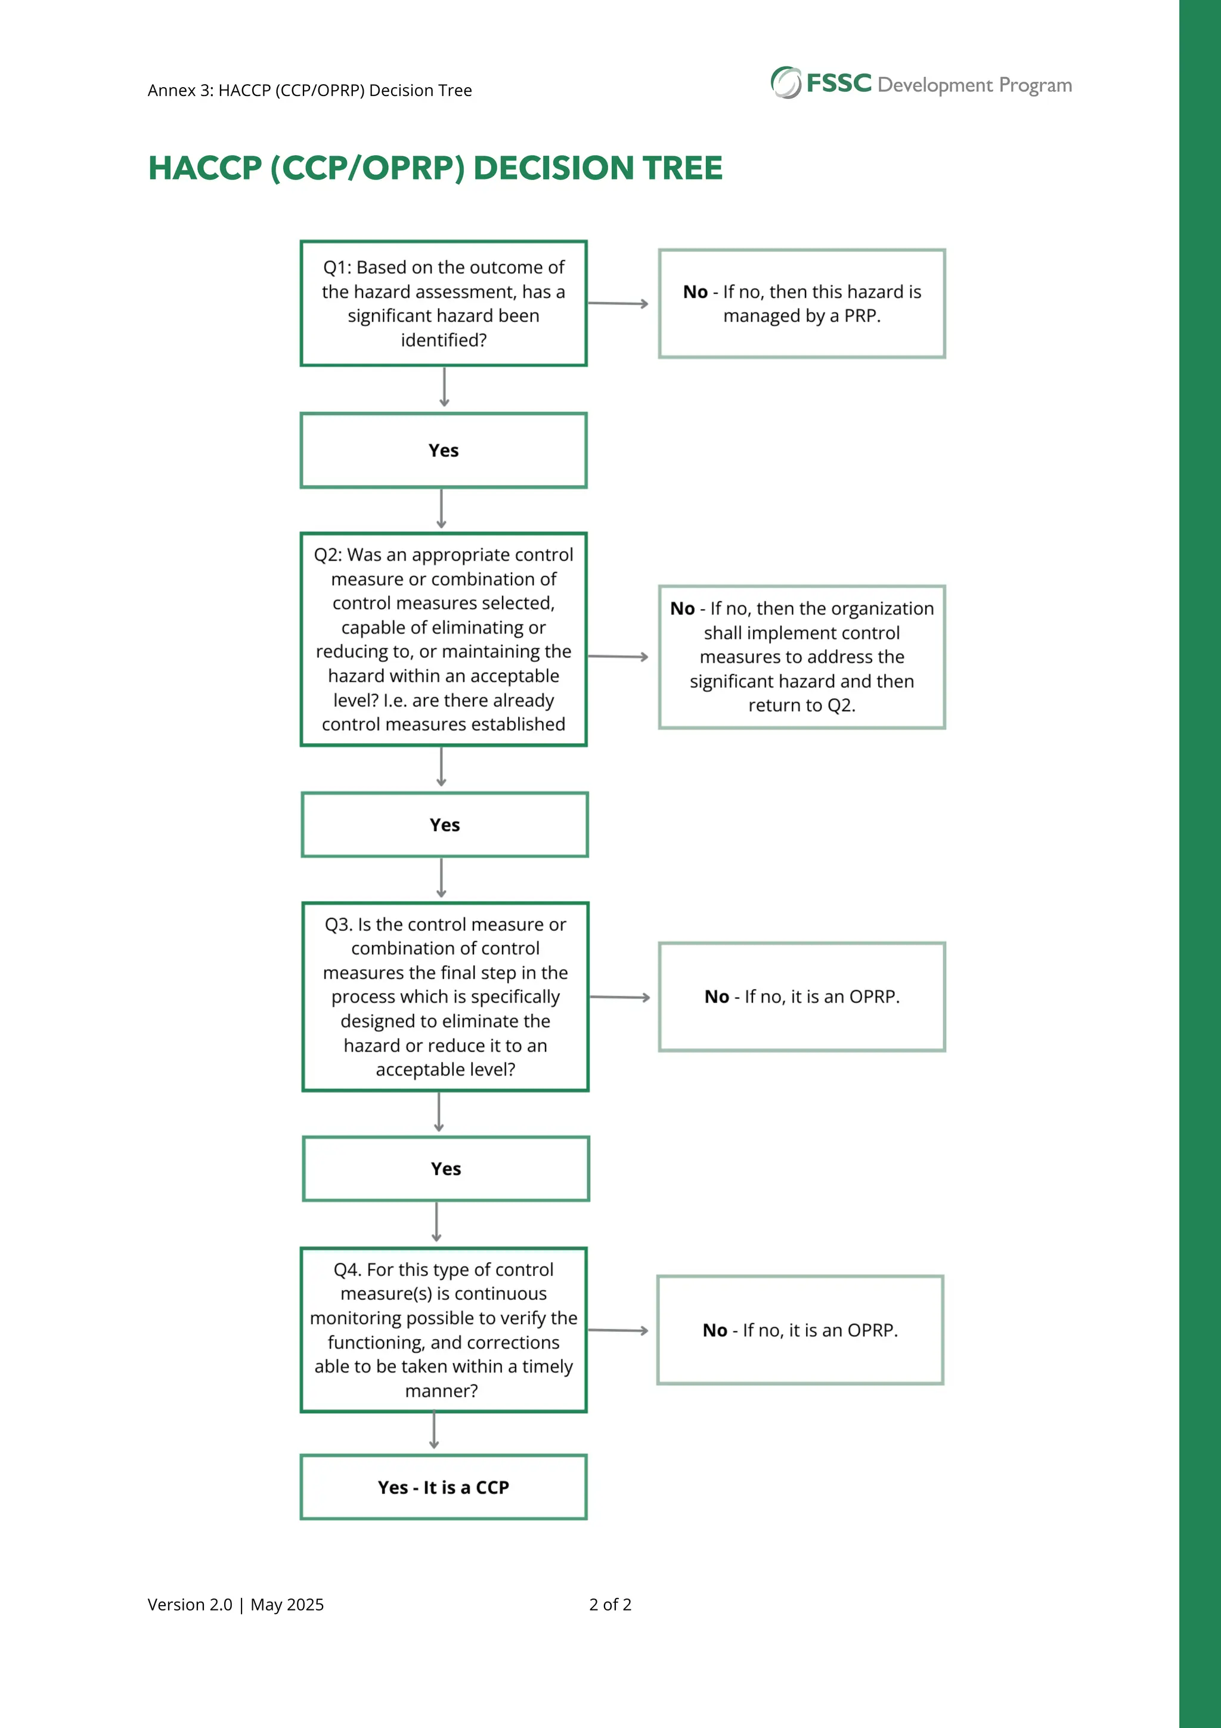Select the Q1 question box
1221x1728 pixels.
443,303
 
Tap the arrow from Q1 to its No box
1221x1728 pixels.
618,303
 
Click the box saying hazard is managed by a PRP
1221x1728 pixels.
801,303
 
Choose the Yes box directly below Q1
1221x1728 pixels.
443,450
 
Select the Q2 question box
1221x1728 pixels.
443,639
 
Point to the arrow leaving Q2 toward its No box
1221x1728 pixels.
618,656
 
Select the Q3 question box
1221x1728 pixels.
445,997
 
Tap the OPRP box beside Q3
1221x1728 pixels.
801,997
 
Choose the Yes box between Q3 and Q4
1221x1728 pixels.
445,1169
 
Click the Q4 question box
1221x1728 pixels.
443,1330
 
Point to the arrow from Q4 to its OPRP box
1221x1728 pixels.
618,1331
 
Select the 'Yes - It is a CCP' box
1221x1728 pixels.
443,1487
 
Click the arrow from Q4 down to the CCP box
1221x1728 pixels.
434,1431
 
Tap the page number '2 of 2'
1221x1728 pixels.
610,1605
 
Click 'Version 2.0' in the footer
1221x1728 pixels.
190,1605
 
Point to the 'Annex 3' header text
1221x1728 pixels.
181,90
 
